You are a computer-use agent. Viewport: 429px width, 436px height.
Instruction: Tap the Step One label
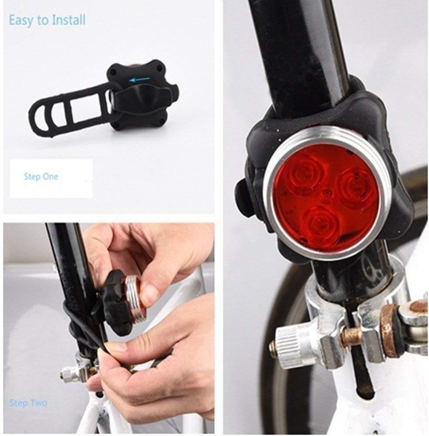41,177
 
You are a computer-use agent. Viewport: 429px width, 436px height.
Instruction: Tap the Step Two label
28,403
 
